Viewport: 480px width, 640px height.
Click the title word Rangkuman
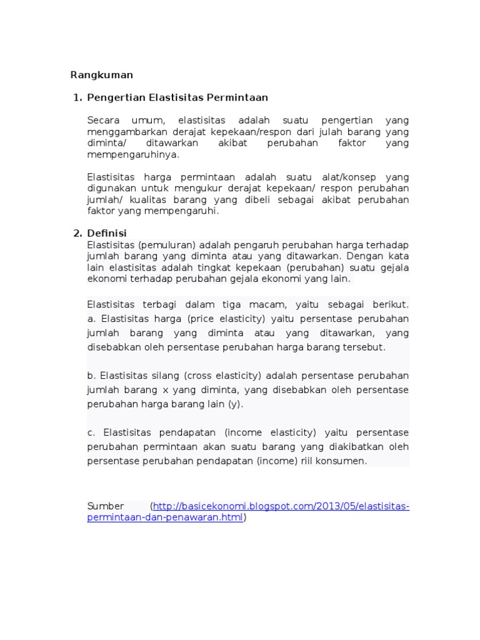coord(101,75)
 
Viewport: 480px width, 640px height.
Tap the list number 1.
coord(77,97)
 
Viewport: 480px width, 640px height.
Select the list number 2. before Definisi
coord(77,233)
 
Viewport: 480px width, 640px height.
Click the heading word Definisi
coord(107,233)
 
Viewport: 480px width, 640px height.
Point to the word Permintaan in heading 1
coord(239,97)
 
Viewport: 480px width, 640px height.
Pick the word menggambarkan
coord(121,132)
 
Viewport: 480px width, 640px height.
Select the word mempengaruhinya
coord(132,154)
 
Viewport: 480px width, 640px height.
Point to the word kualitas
coord(146,199)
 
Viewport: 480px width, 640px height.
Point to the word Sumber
coord(106,506)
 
